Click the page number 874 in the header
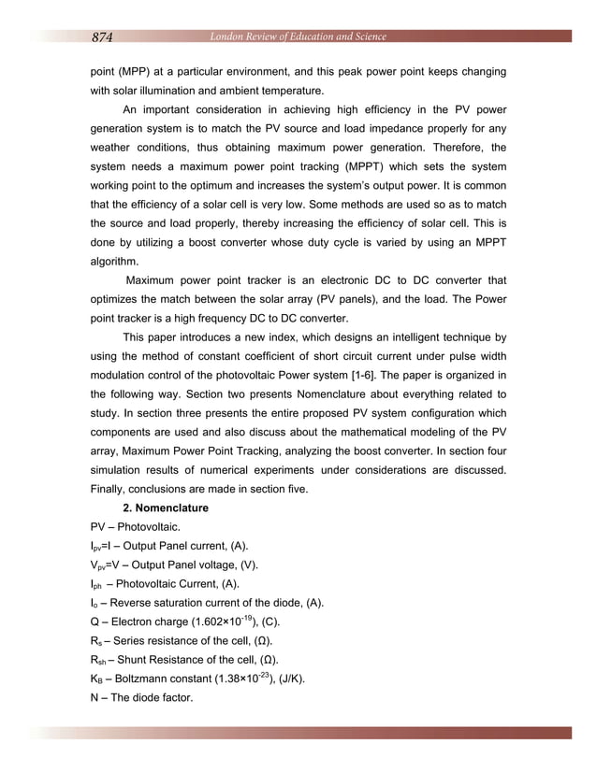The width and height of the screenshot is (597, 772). pos(102,37)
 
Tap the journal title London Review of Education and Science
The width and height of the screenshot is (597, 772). pos(298,36)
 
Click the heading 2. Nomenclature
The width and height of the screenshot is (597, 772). pos(166,508)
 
